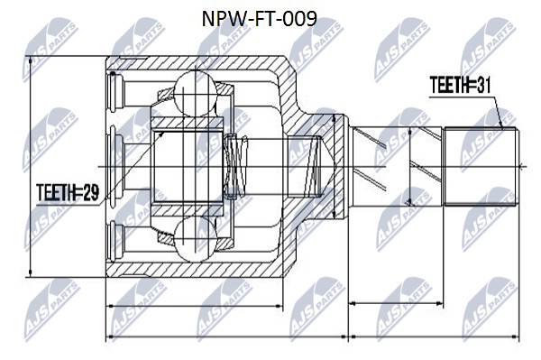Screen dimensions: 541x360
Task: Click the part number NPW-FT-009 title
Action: click(x=259, y=19)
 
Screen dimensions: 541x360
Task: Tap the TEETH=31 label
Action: click(x=460, y=85)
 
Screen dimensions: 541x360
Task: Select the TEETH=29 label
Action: click(x=68, y=192)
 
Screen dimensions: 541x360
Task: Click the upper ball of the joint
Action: click(x=196, y=93)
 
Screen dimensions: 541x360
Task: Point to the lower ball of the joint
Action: click(x=196, y=239)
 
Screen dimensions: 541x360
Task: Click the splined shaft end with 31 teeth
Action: click(x=481, y=167)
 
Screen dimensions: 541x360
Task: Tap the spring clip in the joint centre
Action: click(x=235, y=167)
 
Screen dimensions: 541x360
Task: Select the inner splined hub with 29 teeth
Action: click(x=188, y=167)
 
